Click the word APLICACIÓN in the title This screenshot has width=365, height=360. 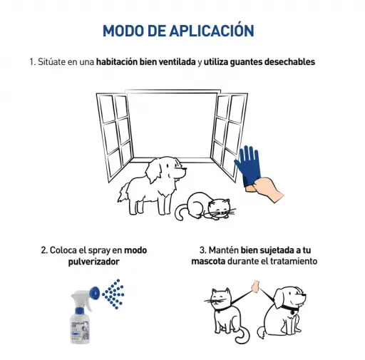[x=212, y=30]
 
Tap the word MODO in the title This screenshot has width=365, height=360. [x=123, y=31]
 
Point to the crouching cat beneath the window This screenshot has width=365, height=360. [x=205, y=207]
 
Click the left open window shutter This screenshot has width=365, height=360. [x=114, y=137]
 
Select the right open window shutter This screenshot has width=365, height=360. [x=230, y=134]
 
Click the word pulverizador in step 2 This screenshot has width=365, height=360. [x=93, y=262]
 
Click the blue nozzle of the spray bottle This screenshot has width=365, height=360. [x=95, y=293]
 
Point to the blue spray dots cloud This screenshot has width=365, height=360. [x=113, y=294]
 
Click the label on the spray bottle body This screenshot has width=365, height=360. [x=80, y=329]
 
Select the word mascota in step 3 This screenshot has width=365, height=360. [x=208, y=262]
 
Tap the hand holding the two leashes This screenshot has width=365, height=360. [x=255, y=287]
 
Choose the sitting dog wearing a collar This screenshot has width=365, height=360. [x=284, y=312]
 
